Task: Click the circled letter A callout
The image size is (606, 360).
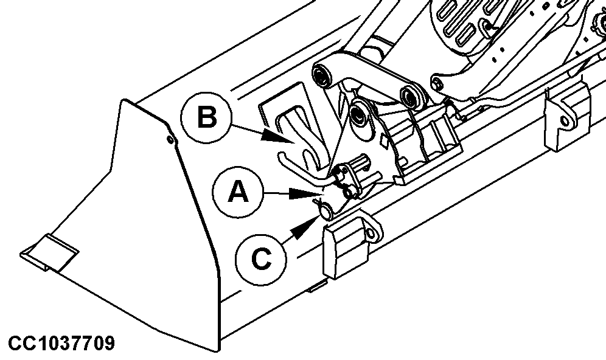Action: pyautogui.click(x=238, y=192)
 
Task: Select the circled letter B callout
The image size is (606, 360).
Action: pyautogui.click(x=207, y=117)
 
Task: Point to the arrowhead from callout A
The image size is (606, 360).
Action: pyautogui.click(x=304, y=193)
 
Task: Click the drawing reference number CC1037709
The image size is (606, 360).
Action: pyautogui.click(x=61, y=343)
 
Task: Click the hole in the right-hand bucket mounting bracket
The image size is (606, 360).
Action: pyautogui.click(x=565, y=121)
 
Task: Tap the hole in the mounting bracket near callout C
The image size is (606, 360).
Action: pyautogui.click(x=370, y=234)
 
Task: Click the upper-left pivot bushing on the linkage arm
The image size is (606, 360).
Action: pyautogui.click(x=321, y=75)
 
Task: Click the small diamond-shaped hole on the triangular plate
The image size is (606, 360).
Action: pyautogui.click(x=385, y=141)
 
